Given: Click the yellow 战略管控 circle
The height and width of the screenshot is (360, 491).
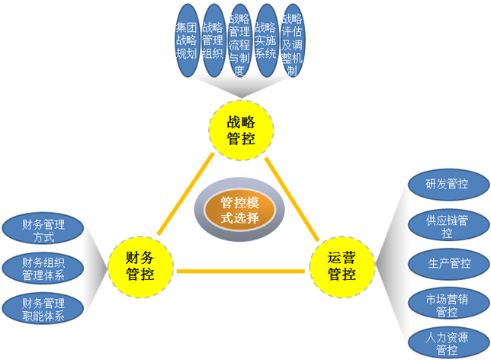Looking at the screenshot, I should point(241,130).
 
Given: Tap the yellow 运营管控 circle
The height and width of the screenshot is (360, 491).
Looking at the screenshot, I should point(342,265).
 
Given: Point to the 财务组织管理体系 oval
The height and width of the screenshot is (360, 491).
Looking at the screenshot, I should point(43,268).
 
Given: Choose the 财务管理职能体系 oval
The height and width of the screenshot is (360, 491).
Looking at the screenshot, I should point(43,307).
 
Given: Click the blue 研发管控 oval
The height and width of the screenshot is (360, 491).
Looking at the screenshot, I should point(447,184).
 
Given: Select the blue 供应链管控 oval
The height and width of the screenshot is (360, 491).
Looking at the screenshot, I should point(447,225).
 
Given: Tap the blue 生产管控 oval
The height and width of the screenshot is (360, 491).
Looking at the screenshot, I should point(447,264).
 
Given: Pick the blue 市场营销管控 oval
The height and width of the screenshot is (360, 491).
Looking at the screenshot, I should point(447,304).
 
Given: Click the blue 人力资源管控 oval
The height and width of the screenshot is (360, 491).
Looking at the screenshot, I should point(447,342).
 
